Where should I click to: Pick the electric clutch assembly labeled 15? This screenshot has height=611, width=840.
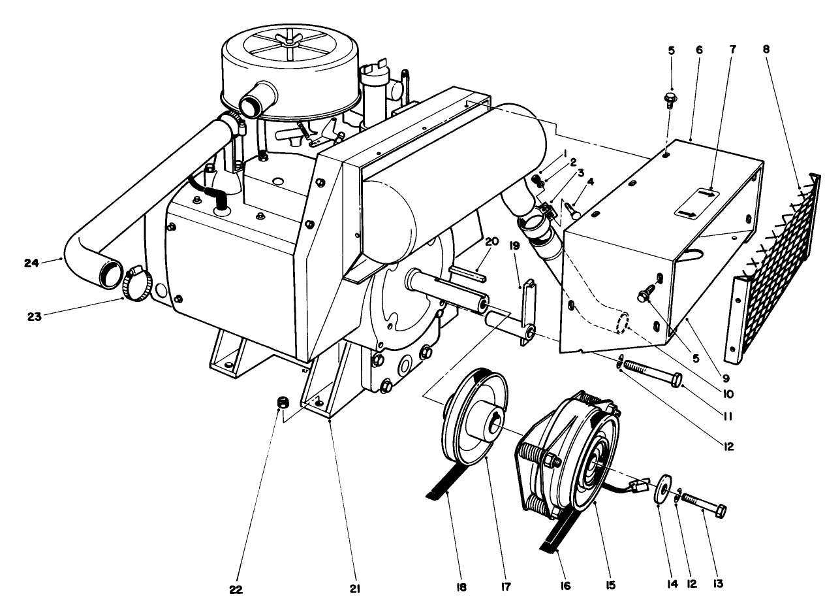tap(568, 451)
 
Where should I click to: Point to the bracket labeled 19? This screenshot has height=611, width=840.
tap(528, 310)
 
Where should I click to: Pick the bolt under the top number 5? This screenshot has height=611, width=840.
tap(668, 98)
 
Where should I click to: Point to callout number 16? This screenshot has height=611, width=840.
tap(565, 586)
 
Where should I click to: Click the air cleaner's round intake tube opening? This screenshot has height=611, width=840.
tap(251, 103)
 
